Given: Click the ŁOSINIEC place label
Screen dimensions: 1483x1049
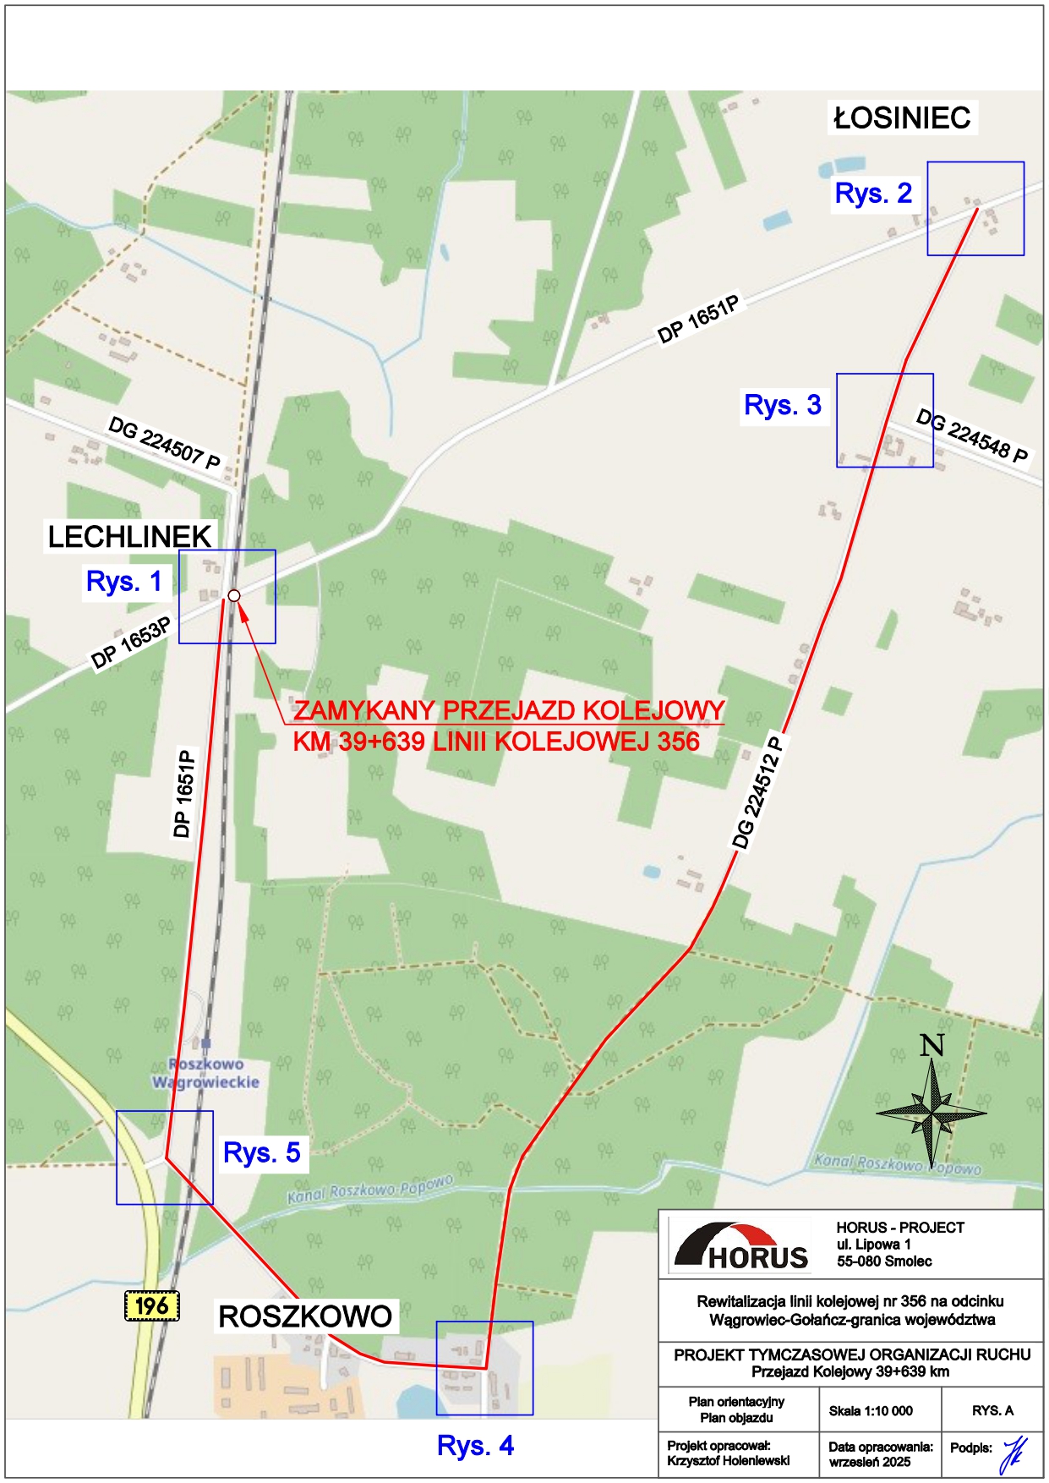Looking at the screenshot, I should coord(902,118).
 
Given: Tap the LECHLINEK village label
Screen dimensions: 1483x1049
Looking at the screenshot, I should coord(129,537).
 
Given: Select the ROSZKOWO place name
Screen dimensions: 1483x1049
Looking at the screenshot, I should coord(305,1316).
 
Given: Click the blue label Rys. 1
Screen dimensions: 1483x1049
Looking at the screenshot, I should coord(123,582).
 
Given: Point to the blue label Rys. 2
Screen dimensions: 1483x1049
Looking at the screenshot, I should coord(873,194).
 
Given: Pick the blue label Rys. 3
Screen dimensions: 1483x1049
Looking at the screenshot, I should coord(782,405).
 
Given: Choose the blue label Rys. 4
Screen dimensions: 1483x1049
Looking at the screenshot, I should coord(475,1446).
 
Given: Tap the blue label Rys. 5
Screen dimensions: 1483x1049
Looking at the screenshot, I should coord(262,1152).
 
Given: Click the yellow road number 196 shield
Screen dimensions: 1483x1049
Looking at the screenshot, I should coord(152,1306).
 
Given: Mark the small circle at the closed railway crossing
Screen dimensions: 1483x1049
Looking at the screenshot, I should coord(234,596).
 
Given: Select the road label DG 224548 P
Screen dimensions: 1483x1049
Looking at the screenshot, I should coord(972,437).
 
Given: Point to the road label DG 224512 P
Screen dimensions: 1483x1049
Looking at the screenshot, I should coord(757,793).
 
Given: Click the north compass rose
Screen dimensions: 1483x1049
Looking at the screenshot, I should coord(931,1112).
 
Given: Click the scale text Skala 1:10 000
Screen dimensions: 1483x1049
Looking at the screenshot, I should coord(870,1410).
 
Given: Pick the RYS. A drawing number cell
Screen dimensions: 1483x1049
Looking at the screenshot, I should coord(992,1410).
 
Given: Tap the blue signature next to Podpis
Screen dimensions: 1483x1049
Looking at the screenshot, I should coord(1012,1454).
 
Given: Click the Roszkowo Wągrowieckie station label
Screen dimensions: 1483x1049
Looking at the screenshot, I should coord(205,1073).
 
